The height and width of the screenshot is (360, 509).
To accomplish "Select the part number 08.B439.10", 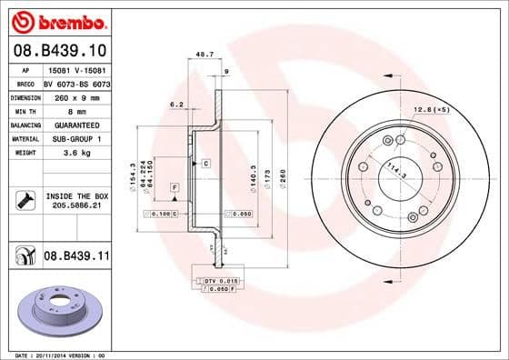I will tap(58, 50).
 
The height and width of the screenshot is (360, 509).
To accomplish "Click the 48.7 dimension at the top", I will tap(205, 55).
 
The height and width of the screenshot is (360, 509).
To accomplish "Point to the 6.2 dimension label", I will tap(177, 105).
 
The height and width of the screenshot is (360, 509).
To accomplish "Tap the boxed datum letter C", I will tap(205, 163).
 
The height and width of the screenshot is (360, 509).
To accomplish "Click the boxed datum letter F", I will tap(174, 186).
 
